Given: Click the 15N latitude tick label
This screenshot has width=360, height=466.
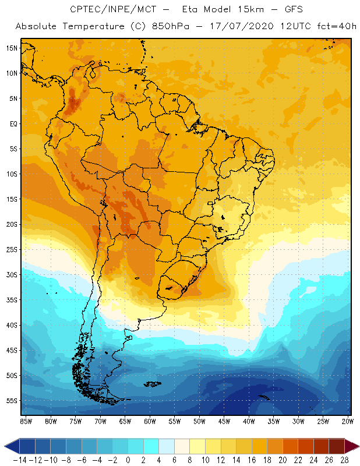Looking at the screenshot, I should coord(12,48).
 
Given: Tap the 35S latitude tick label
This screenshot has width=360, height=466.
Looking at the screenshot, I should coord(12,300).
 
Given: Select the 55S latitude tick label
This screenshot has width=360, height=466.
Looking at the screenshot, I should coord(12,401).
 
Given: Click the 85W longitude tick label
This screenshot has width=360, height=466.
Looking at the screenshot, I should coord(26,421).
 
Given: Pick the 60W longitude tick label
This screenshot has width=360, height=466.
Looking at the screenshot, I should coord(150,421).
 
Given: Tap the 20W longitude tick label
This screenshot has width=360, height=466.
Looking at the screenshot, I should coord(348,421).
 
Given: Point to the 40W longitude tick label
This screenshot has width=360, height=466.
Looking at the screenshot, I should coord(249,421).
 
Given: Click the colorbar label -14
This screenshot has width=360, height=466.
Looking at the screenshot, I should coord(19,460).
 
